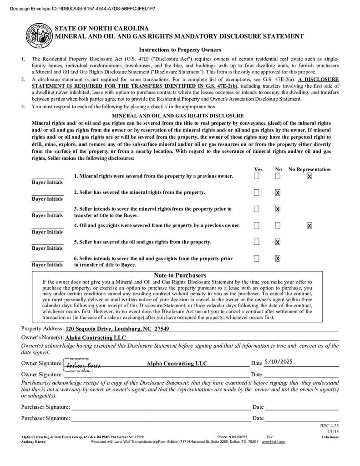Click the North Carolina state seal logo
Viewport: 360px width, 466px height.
(39, 35)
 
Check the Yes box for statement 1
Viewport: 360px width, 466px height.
(257, 176)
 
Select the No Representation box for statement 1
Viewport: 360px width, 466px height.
(309, 176)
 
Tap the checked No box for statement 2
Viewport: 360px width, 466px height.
(278, 192)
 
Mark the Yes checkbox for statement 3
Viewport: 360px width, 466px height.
(257, 209)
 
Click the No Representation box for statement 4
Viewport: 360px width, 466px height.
(309, 225)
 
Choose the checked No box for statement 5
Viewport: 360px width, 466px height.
(278, 242)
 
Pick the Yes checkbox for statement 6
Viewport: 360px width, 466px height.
(257, 258)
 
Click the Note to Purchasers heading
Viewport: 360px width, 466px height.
(180, 275)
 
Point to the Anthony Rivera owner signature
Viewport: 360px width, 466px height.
(84, 365)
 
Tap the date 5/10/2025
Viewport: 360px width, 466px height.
(279, 362)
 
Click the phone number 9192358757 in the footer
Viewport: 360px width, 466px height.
(239, 436)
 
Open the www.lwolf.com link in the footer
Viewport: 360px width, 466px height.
(273, 441)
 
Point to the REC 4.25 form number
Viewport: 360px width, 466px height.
(330, 426)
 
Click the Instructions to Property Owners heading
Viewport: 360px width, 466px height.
(180, 50)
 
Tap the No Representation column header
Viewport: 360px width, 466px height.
(309, 169)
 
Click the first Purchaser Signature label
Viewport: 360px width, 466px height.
(46, 407)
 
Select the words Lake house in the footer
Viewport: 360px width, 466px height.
(330, 436)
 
